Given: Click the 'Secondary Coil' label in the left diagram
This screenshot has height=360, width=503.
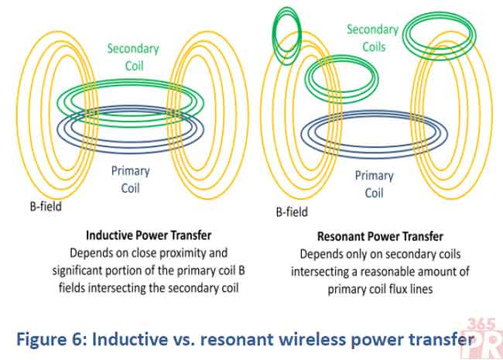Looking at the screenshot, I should (133, 57).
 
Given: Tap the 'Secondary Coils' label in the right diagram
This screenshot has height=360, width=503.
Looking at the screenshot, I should (372, 38).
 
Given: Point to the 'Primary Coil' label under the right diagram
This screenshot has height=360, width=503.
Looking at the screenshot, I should (375, 184).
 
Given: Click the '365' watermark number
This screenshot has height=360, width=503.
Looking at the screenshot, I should (485, 323).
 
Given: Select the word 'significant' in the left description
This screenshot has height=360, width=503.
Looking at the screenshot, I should (84, 269).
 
